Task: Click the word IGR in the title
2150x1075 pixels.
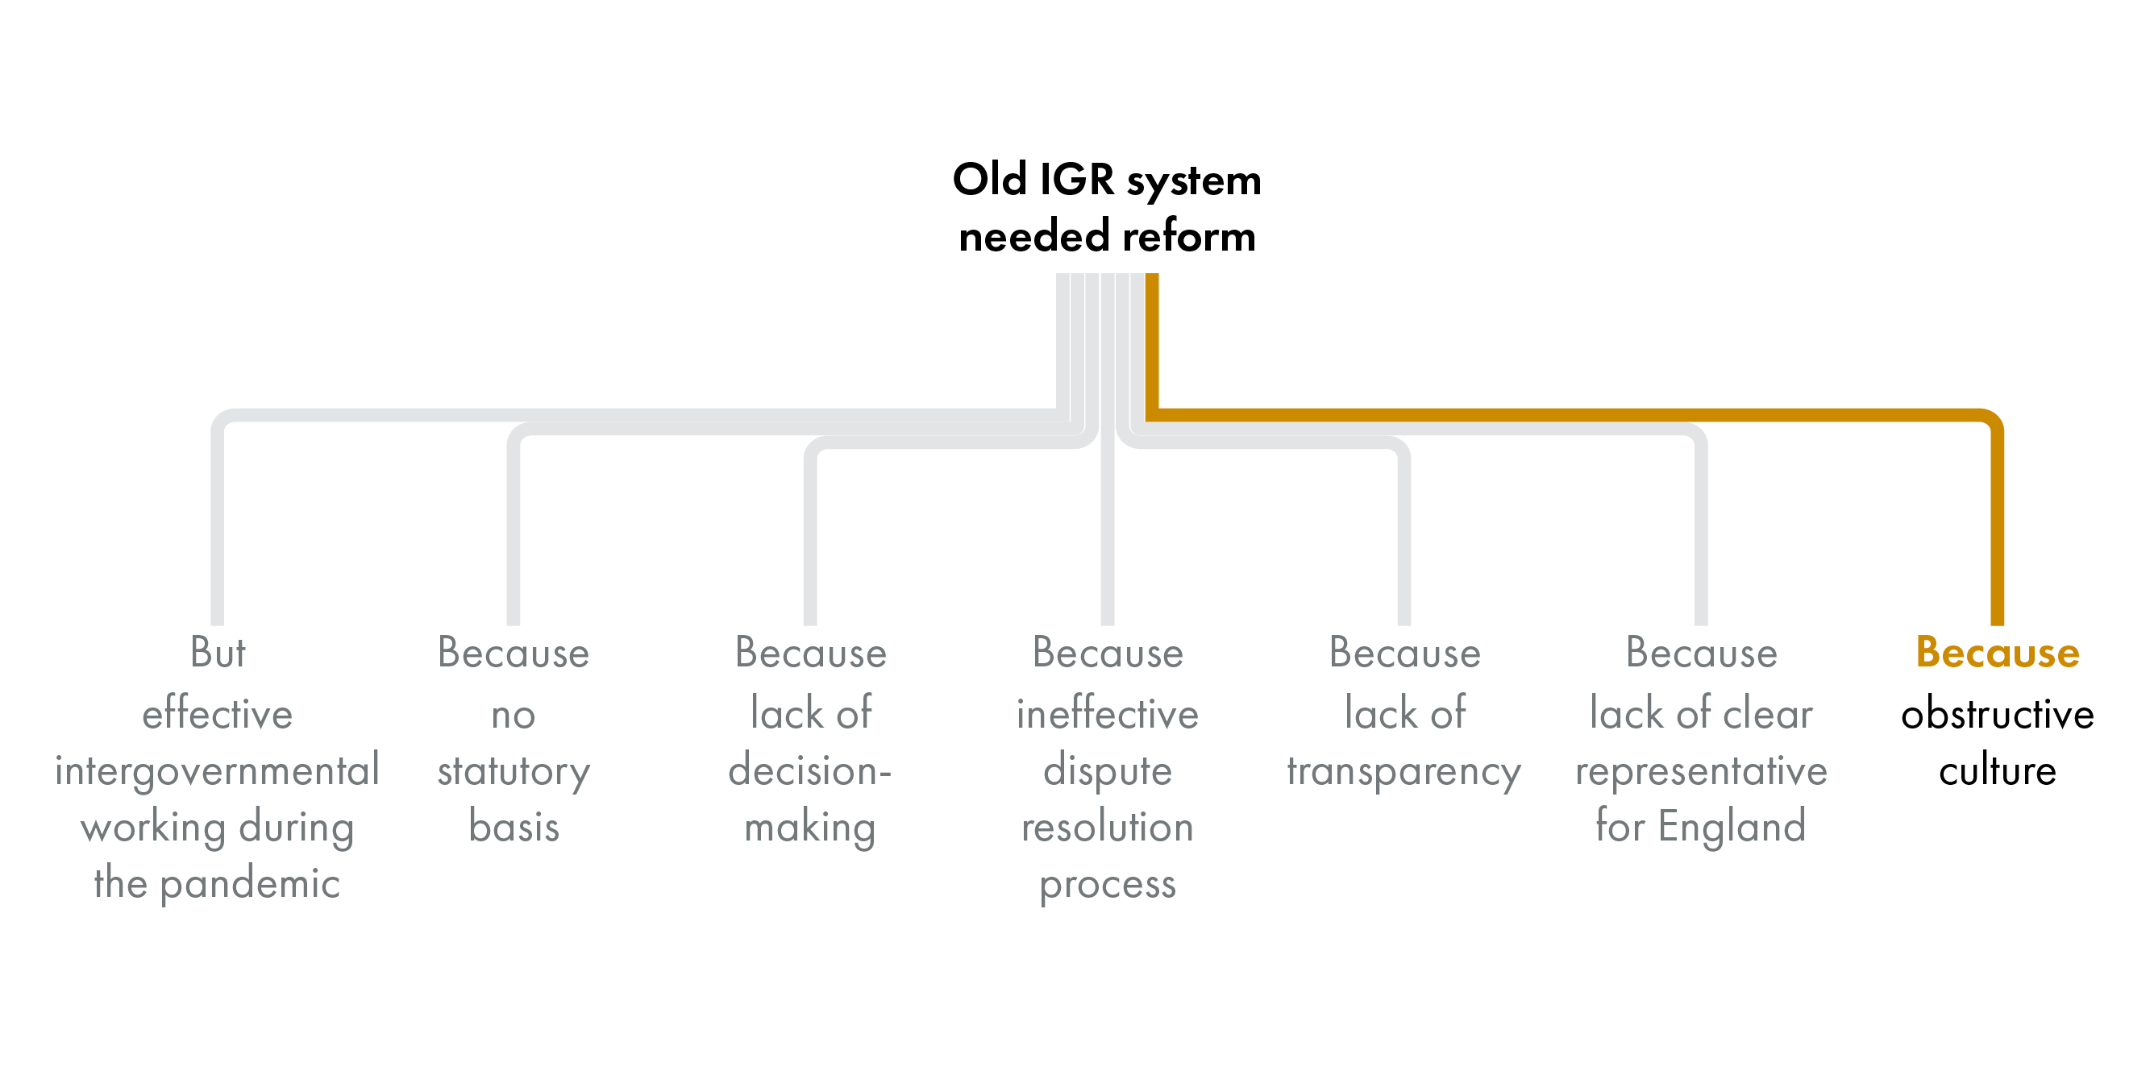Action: point(1077,180)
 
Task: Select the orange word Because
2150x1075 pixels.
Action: point(1998,653)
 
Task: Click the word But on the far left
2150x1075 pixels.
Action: point(217,653)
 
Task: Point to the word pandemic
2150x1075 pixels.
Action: point(250,884)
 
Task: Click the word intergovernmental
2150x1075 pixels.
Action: point(217,770)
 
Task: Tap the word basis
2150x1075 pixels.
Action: point(514,826)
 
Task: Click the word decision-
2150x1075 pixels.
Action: point(809,770)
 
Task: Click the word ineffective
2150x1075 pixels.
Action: point(1108,714)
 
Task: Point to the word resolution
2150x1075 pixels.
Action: point(1108,826)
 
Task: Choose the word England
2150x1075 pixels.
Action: point(1732,826)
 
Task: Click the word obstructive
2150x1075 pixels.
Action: point(1998,714)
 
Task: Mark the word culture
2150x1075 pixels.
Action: point(1998,770)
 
